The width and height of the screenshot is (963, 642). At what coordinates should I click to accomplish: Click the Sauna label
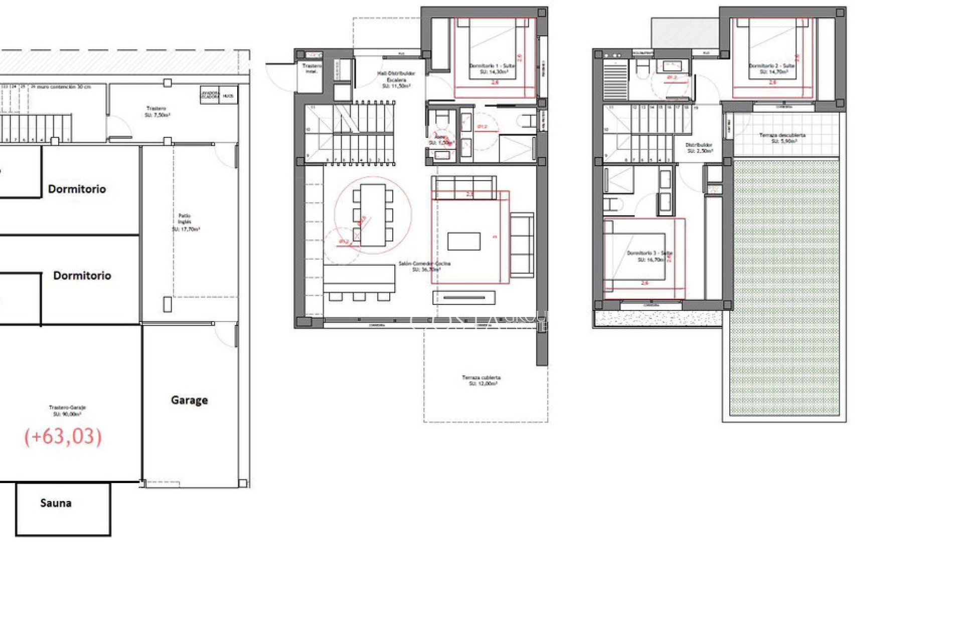56,503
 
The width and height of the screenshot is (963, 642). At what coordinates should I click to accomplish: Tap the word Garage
189,400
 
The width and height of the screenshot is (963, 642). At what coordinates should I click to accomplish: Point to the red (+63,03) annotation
63,436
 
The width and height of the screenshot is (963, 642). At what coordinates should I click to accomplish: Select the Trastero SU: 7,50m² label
156,111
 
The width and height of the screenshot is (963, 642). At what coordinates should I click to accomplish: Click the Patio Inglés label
185,222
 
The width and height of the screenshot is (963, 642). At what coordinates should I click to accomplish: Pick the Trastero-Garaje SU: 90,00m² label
67,411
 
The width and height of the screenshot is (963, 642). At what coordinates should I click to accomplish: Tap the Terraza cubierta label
481,380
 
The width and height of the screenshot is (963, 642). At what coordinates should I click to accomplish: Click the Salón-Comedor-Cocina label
424,266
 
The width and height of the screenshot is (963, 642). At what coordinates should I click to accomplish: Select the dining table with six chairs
373,215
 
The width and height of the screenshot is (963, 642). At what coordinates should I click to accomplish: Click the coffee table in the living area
463,241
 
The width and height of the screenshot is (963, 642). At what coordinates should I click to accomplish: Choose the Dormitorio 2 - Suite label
772,69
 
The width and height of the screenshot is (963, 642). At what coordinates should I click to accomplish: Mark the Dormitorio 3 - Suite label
650,256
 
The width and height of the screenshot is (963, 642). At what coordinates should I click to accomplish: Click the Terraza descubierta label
782,138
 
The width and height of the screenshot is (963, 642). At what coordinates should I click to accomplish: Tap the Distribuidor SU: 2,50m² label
699,147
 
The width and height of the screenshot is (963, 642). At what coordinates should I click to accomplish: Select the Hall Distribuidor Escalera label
396,79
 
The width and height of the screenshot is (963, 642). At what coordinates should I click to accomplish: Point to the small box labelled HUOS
228,95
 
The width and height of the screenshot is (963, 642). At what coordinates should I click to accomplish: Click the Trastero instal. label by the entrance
311,68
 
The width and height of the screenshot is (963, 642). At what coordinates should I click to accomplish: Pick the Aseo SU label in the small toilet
440,139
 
